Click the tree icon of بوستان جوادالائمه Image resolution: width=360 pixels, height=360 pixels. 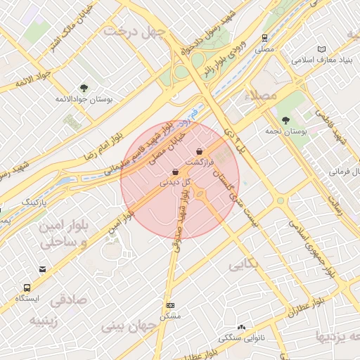pos(84,88)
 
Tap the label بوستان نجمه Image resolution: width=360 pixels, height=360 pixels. pos(284,131)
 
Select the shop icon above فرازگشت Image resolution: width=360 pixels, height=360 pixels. pos(200,151)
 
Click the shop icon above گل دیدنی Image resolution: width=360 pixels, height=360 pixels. pos(174,172)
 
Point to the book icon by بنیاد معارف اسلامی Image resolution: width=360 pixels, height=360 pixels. pos(322,49)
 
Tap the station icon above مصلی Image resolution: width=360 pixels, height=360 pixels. pos(264,39)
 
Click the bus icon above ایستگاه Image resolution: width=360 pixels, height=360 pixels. pos(27,288)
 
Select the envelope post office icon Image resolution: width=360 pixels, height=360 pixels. pos(42,269)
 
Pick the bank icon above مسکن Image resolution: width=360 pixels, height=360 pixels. pos(171,306)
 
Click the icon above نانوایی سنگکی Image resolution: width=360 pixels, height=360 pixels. pos(243,327)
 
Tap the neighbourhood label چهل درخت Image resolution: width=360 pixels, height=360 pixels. pos(134,32)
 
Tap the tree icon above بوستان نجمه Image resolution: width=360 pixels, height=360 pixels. pos(285,120)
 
